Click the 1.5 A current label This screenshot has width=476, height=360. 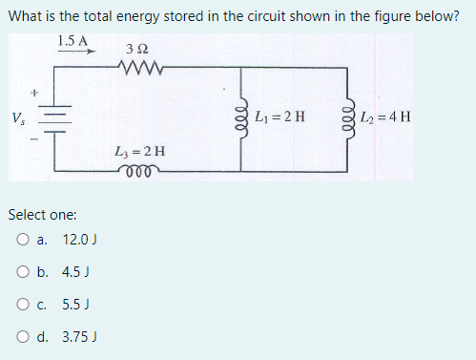click(x=72, y=41)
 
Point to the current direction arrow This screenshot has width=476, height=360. click(x=76, y=54)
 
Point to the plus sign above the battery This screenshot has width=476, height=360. click(x=36, y=94)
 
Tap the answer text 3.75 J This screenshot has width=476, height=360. click(x=80, y=337)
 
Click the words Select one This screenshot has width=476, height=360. click(x=43, y=215)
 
